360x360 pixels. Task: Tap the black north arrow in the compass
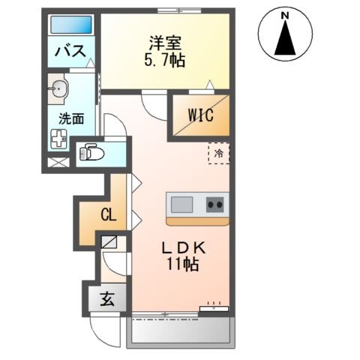284,39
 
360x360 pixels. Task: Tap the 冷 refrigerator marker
219,153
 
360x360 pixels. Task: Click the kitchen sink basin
182,204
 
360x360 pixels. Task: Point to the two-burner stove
216,204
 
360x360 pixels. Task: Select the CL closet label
108,216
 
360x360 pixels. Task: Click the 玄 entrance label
106,299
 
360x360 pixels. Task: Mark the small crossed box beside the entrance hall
109,242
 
